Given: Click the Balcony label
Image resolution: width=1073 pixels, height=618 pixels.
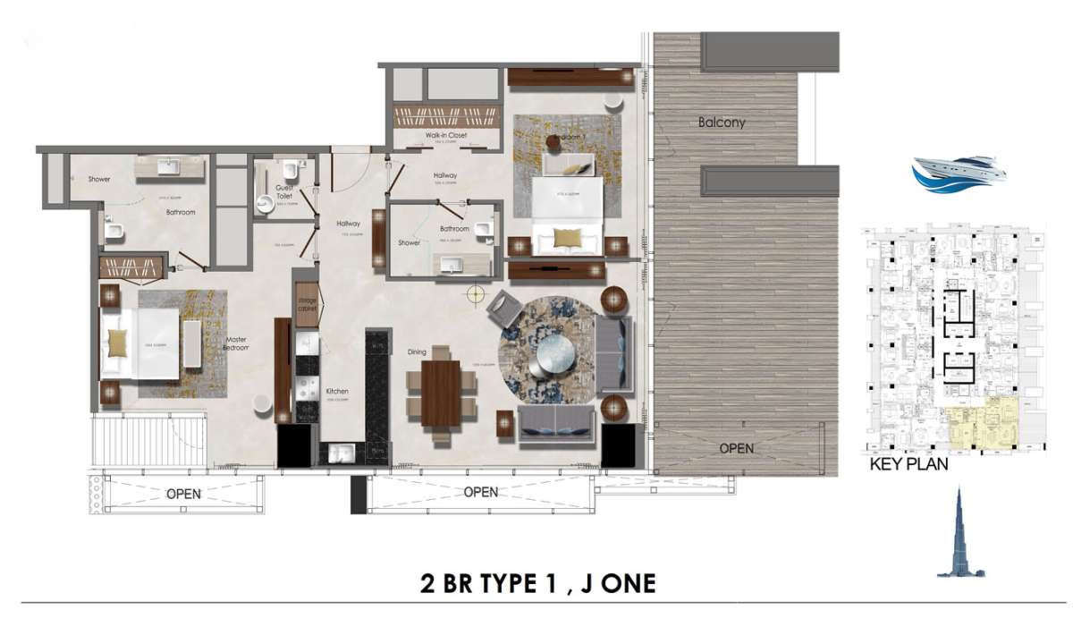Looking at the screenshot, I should click(x=721, y=122).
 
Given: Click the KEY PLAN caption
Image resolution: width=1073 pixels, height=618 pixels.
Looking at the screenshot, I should click(x=909, y=464).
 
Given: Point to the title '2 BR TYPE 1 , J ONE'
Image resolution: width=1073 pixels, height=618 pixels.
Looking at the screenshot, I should click(x=537, y=584).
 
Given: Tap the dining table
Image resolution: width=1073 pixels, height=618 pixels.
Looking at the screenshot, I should click(x=441, y=391).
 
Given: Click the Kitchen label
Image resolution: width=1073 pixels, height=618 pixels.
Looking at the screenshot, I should click(x=336, y=392).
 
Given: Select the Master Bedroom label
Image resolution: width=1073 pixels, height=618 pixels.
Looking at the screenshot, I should click(x=235, y=345).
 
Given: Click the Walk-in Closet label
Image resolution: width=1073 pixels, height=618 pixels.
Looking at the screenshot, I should click(x=445, y=136).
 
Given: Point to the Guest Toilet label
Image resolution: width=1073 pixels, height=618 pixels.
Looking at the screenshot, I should click(x=284, y=190).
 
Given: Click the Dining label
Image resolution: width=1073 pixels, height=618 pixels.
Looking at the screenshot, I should click(x=417, y=352).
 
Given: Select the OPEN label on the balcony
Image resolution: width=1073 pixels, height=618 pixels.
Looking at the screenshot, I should click(x=737, y=448).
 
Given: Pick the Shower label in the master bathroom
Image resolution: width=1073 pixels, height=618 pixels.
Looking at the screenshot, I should click(x=98, y=180).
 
